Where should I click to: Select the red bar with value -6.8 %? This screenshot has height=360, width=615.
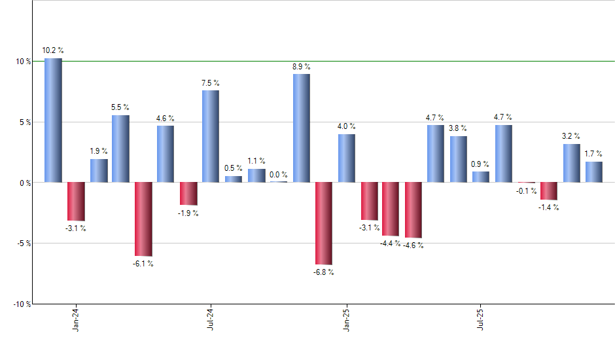click(x=323, y=223)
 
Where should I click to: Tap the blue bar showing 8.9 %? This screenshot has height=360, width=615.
click(x=301, y=128)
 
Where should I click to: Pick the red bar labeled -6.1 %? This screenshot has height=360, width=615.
click(x=143, y=219)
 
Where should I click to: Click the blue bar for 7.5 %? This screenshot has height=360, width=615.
click(x=211, y=136)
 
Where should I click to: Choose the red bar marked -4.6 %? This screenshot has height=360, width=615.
click(x=413, y=209)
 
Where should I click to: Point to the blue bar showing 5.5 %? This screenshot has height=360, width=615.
click(x=120, y=149)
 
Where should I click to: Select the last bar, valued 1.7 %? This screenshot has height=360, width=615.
click(x=594, y=171)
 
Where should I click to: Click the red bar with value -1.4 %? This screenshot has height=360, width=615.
click(x=549, y=190)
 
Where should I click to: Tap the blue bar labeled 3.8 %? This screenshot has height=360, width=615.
click(x=458, y=159)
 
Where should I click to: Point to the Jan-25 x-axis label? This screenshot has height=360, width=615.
click(x=346, y=319)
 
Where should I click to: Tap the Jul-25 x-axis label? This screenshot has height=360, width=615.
click(x=481, y=319)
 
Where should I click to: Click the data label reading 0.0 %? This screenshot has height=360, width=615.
click(x=279, y=174)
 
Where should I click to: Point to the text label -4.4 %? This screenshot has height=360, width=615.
click(x=390, y=243)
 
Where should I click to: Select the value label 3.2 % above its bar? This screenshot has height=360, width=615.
click(x=571, y=137)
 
